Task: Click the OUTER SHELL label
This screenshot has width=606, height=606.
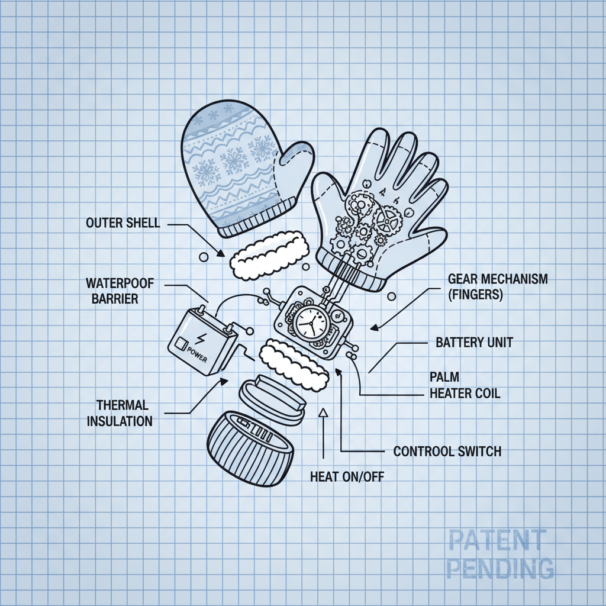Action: [x=122, y=223]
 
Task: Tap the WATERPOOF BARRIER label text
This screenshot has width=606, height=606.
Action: [x=120, y=291]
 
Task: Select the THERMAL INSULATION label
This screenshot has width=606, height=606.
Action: [x=120, y=413]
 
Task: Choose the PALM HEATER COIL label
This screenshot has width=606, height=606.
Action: [x=465, y=385]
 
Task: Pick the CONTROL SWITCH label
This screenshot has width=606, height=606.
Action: [x=447, y=452]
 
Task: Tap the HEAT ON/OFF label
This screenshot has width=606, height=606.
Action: [x=346, y=476]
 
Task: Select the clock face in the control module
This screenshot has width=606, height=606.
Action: [x=311, y=324]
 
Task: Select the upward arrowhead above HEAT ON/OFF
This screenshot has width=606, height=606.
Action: [x=323, y=412]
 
